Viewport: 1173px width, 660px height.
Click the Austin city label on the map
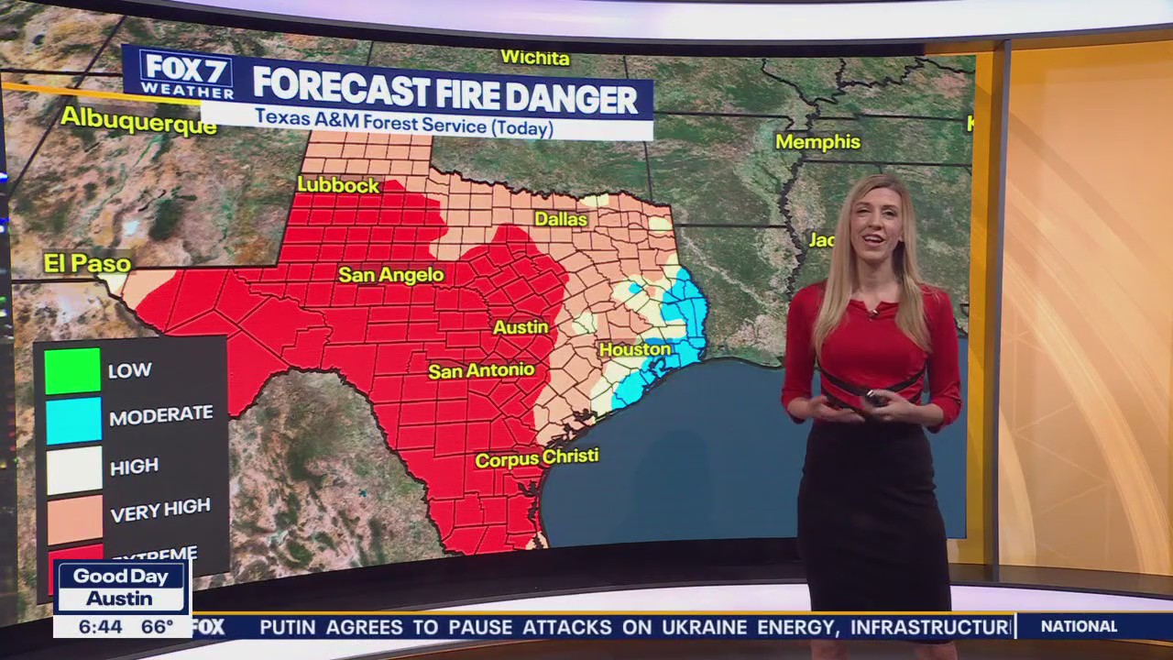click(x=521, y=327)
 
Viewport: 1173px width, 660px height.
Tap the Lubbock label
click(x=337, y=185)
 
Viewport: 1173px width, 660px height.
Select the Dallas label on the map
click(x=561, y=220)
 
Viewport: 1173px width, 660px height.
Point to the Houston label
click(x=635, y=349)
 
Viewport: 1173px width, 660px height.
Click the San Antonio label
click(x=481, y=370)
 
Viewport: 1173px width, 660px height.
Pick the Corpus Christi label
click(x=536, y=457)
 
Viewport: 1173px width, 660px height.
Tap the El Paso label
click(x=87, y=264)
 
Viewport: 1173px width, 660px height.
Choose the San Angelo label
click(x=390, y=275)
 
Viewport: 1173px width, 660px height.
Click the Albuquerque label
click(x=138, y=120)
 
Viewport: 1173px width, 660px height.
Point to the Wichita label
click(x=535, y=58)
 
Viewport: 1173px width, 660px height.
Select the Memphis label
click(x=817, y=142)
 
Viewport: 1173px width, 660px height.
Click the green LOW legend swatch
click(x=72, y=371)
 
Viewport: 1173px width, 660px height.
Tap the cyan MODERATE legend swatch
click(x=72, y=421)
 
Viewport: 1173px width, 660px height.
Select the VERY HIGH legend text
click(x=160, y=511)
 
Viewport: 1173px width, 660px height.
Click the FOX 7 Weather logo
click(x=187, y=75)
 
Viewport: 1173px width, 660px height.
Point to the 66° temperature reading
click(x=157, y=627)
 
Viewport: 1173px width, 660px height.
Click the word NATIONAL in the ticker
click(x=1079, y=627)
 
